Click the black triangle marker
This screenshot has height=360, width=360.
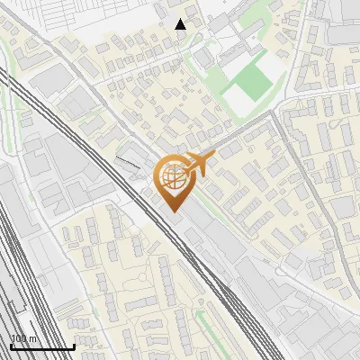[x=181, y=23]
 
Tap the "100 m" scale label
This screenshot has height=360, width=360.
[x=24, y=339]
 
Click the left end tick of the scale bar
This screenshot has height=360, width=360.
[x=11, y=346]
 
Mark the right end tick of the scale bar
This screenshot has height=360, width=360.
[x=74, y=346]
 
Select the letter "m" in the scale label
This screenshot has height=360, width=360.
[x=34, y=339]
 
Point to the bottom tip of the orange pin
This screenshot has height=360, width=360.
[x=173, y=212]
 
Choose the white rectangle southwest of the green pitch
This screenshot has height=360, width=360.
[x=240, y=94]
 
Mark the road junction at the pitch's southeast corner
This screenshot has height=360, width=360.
[x=270, y=115]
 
